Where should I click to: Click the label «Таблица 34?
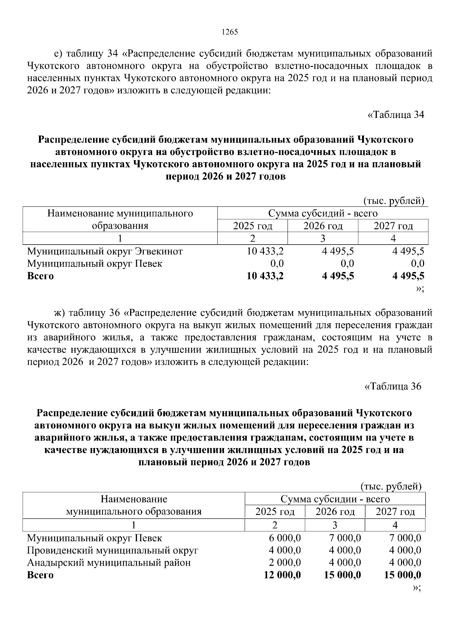click(x=396, y=115)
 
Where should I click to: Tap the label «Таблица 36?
click(x=392, y=386)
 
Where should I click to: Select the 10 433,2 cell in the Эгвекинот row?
click(x=265, y=251)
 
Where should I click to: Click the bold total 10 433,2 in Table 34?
click(x=265, y=276)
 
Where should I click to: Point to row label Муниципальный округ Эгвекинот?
click(x=105, y=251)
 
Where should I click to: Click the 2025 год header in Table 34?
click(x=252, y=226)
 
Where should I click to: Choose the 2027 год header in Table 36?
click(x=395, y=512)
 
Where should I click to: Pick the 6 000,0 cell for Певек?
click(x=285, y=538)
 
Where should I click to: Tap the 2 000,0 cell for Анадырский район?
click(x=285, y=563)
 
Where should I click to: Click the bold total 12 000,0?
click(x=282, y=575)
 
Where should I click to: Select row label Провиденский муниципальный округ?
click(x=112, y=550)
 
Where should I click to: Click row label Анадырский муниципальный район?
click(x=109, y=563)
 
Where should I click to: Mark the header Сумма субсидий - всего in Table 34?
click(x=323, y=214)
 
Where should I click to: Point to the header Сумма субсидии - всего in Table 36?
click(x=335, y=499)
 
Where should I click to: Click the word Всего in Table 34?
click(x=40, y=276)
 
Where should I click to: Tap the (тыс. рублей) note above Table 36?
click(x=391, y=486)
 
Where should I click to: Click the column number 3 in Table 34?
click(x=323, y=239)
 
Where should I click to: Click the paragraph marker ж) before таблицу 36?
click(x=60, y=313)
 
